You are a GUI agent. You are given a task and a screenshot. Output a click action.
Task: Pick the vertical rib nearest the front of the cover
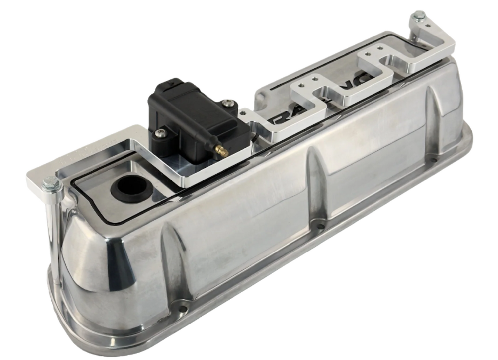click(x=169, y=252)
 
